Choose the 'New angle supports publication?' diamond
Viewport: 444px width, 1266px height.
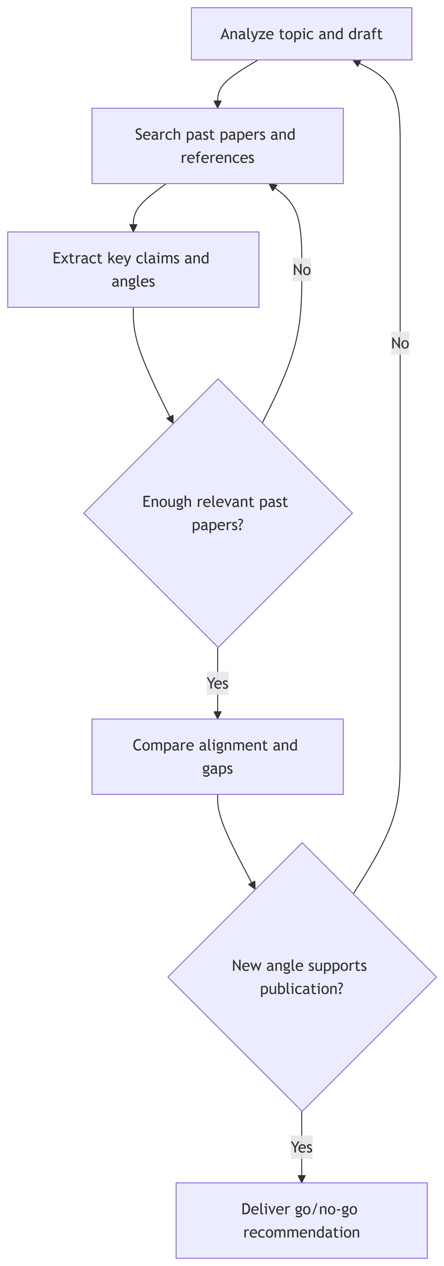[x=301, y=977]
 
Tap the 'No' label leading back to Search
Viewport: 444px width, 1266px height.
[x=301, y=270]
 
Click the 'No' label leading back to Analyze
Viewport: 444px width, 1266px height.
[x=400, y=343]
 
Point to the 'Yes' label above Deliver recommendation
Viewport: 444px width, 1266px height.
[x=301, y=1147]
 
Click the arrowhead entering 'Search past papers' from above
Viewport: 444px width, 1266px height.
[x=218, y=104]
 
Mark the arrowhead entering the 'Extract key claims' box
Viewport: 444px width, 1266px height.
[x=133, y=228]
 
